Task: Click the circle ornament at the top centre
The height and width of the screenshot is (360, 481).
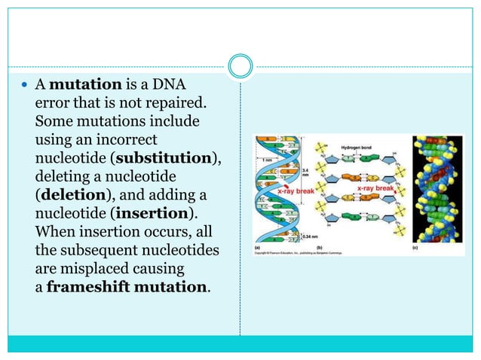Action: (x=240, y=66)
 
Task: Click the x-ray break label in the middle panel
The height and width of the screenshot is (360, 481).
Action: (x=376, y=188)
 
